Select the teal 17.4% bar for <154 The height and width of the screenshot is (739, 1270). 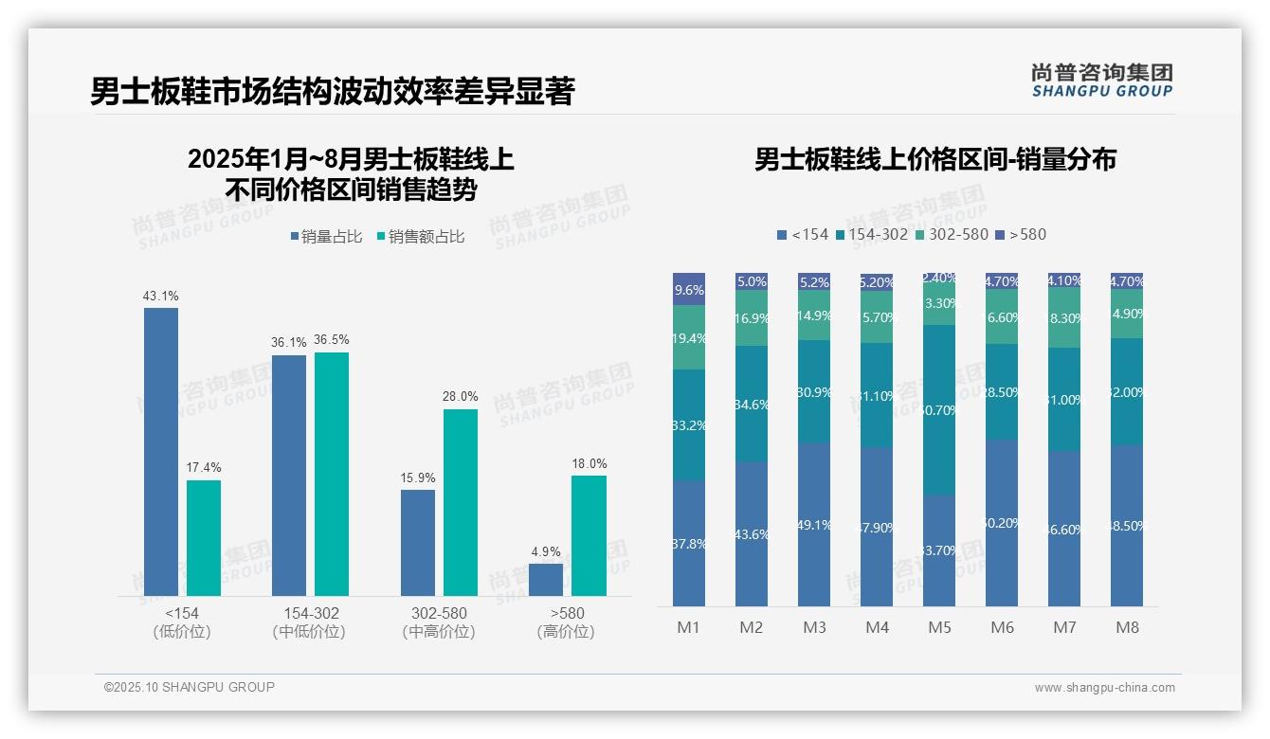204,537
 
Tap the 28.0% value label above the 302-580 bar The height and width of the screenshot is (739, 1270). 461,396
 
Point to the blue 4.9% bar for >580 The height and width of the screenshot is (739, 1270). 546,580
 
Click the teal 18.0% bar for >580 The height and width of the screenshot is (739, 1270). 589,535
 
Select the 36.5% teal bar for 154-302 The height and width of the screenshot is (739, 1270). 332,474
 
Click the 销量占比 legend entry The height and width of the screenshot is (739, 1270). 326,237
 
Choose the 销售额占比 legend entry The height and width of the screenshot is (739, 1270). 421,237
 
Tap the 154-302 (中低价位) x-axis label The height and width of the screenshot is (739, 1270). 309,622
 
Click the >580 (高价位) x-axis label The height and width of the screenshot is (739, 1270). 567,622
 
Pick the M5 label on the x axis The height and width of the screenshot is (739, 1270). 939,627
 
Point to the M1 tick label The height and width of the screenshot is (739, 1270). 688,627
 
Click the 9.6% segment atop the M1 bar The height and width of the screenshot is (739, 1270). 689,290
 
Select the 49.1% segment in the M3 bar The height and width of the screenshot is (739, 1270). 814,524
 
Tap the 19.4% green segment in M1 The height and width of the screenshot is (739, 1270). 689,337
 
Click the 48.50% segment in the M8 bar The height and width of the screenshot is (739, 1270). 1127,526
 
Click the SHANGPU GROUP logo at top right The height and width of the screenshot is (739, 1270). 1101,81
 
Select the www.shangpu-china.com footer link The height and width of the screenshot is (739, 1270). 1104,688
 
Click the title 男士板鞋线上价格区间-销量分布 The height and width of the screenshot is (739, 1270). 934,159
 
